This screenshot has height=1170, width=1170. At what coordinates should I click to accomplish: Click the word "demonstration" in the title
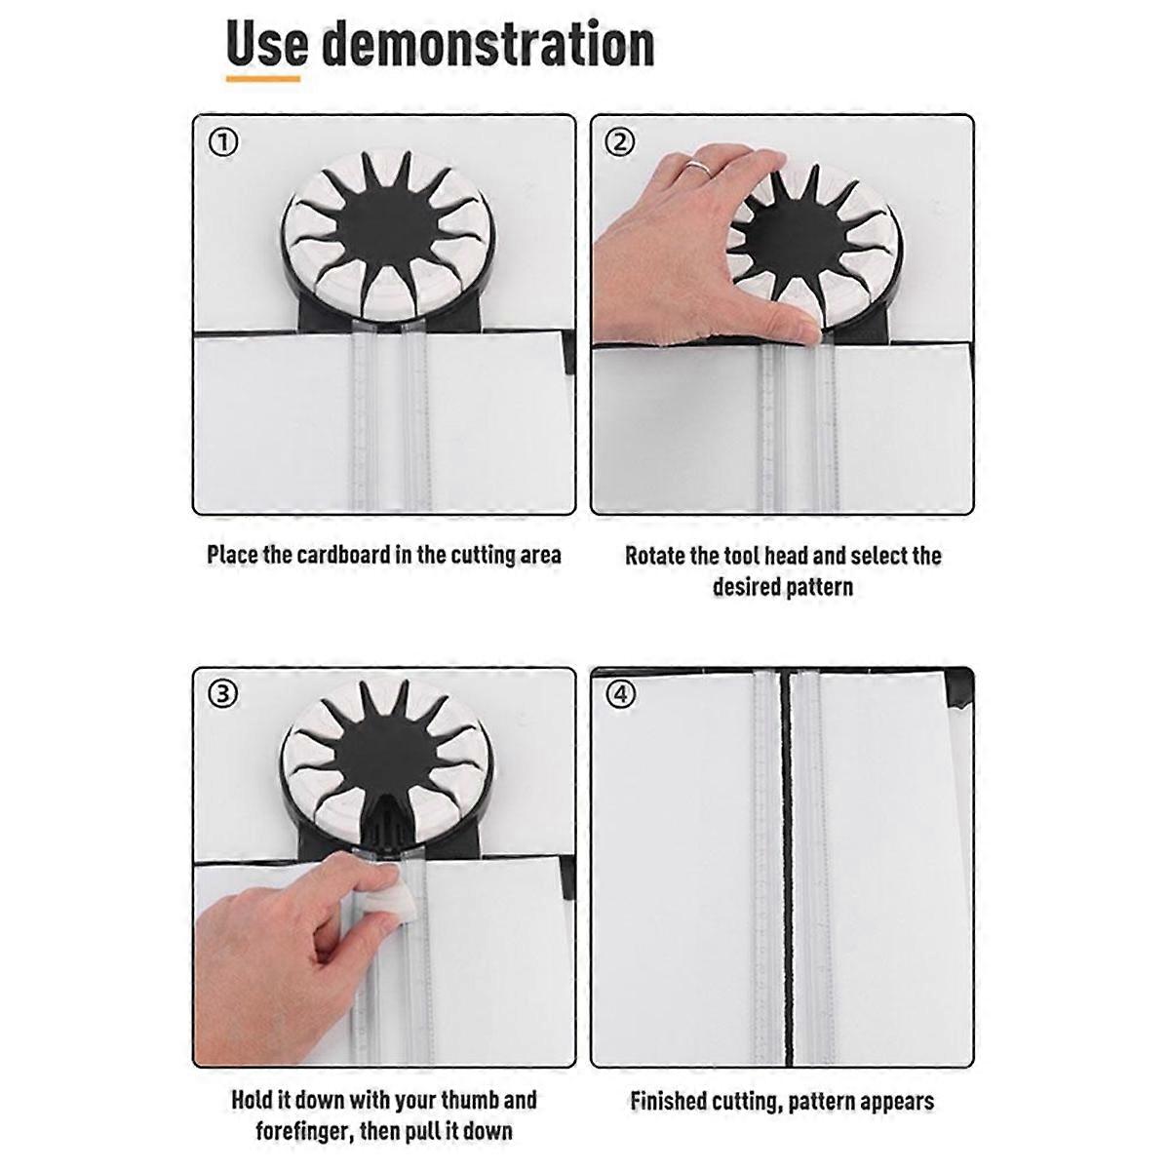[487, 43]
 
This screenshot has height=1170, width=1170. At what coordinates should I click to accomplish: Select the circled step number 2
[620, 142]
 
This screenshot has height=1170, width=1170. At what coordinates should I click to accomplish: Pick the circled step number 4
[620, 694]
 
